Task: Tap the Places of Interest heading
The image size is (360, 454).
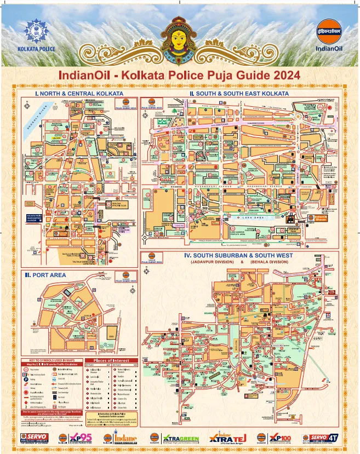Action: point(110,360)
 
